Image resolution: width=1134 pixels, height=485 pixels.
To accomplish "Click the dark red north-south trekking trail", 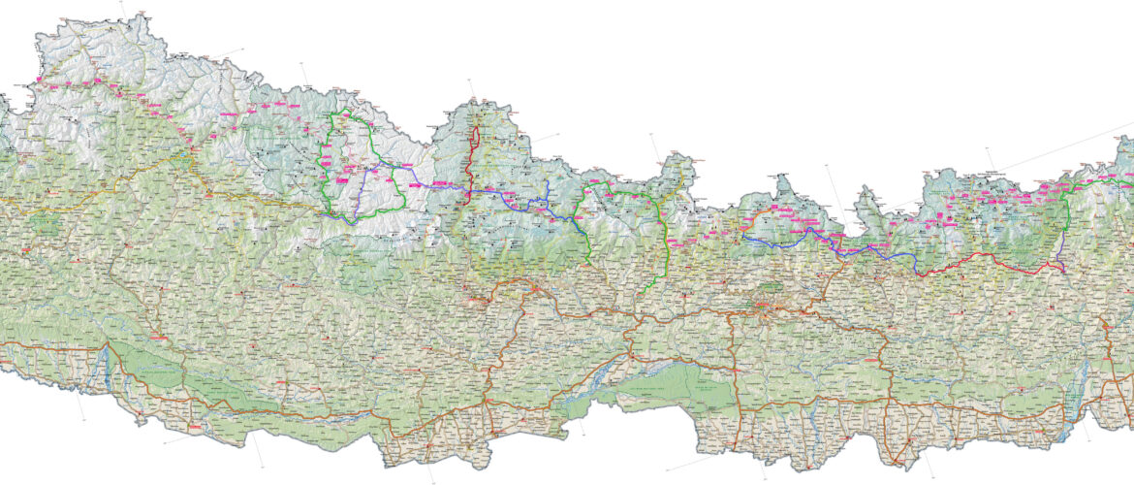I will [472, 160].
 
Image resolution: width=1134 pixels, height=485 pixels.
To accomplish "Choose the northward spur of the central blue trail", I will [547, 189].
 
